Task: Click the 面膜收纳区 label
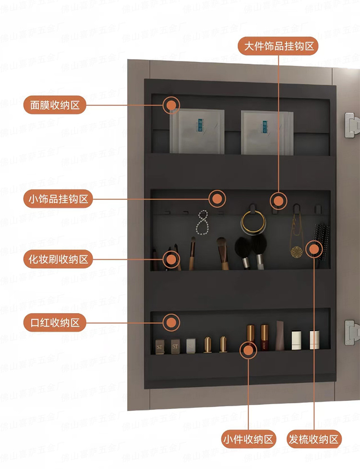[x=55, y=105]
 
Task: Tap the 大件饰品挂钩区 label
[x=278, y=46]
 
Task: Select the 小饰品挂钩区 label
[x=58, y=199]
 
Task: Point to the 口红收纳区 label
[x=55, y=322]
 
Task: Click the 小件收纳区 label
[x=249, y=439]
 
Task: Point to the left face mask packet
[x=197, y=132]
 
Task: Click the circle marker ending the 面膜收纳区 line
[x=171, y=105]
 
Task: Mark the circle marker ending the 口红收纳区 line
[x=171, y=322]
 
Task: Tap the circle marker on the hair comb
[x=314, y=248]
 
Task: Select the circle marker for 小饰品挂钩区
[x=217, y=199]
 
